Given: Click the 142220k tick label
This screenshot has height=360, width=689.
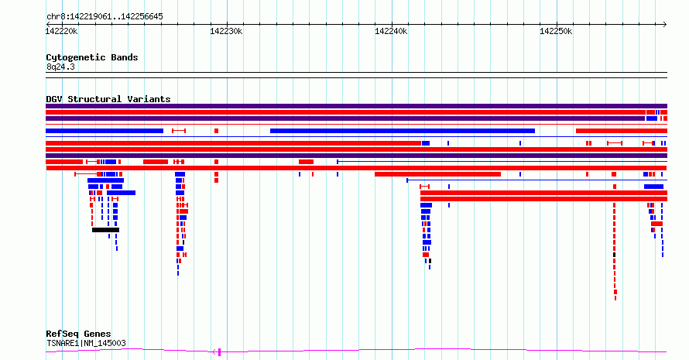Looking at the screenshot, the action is pyautogui.click(x=61, y=31).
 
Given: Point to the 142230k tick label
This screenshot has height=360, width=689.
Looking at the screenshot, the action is pyautogui.click(x=226, y=31).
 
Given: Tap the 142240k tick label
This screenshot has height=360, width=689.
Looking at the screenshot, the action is pyautogui.click(x=391, y=31).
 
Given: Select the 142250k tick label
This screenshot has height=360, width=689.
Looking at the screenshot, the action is pyautogui.click(x=556, y=31).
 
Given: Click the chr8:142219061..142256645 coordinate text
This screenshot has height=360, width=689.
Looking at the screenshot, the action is pyautogui.click(x=105, y=17).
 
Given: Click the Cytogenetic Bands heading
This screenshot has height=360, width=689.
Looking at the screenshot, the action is pyautogui.click(x=92, y=57).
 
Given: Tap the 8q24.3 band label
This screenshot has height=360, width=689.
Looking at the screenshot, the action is pyautogui.click(x=60, y=67).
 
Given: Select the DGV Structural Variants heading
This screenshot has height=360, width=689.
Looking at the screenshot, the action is pyautogui.click(x=108, y=99).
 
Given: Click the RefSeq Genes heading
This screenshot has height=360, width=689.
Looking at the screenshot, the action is pyautogui.click(x=78, y=334).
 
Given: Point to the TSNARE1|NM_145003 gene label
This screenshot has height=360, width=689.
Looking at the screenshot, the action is pyautogui.click(x=86, y=343).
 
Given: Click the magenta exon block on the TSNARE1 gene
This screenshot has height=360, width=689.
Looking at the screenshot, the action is pyautogui.click(x=219, y=351).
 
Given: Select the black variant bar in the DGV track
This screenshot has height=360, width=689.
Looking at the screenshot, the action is pyautogui.click(x=105, y=230).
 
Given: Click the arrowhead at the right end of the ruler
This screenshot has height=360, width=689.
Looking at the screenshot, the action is pyautogui.click(x=665, y=25).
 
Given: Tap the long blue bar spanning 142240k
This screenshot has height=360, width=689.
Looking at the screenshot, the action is pyautogui.click(x=403, y=131).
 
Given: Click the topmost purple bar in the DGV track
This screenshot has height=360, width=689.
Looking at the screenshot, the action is pyautogui.click(x=356, y=106).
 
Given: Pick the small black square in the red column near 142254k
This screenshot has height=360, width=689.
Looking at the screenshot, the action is pyautogui.click(x=615, y=255).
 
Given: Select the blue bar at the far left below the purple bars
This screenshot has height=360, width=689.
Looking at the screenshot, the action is pyautogui.click(x=105, y=131).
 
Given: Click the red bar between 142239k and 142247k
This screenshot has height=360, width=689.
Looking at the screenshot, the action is pyautogui.click(x=437, y=174).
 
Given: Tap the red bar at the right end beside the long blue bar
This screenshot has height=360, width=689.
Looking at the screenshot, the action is pyautogui.click(x=622, y=131).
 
